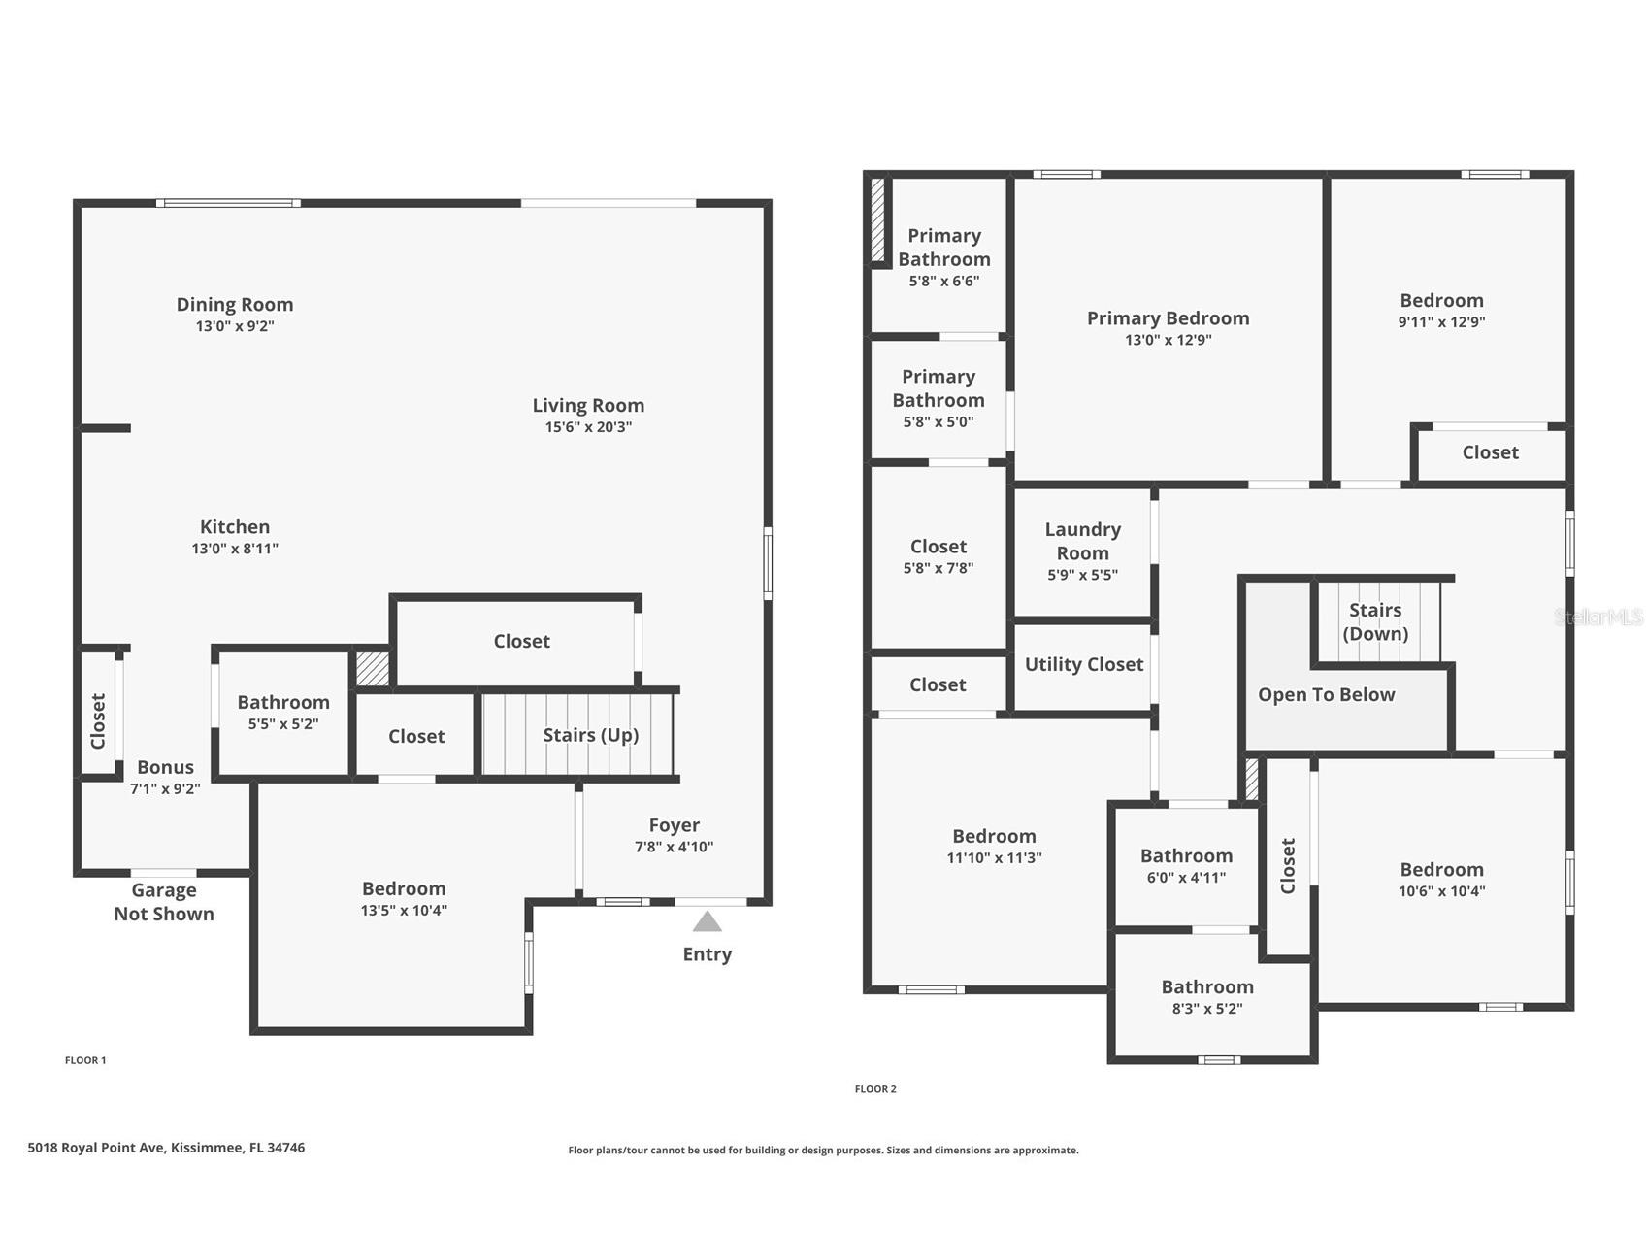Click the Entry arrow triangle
pyautogui.click(x=707, y=921)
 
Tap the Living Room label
pyautogui.click(x=588, y=405)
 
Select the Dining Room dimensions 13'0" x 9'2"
pyautogui.click(x=235, y=326)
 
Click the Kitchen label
pyautogui.click(x=235, y=526)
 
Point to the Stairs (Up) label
pyautogui.click(x=590, y=735)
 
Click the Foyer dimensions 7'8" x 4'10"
pyautogui.click(x=674, y=847)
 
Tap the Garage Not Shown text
pyautogui.click(x=164, y=902)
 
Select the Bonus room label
pyautogui.click(x=165, y=767)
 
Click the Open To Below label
pyautogui.click(x=1326, y=694)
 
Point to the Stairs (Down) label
pyautogui.click(x=1375, y=621)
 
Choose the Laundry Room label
pyautogui.click(x=1082, y=541)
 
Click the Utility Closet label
pyautogui.click(x=1084, y=664)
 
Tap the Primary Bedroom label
pyautogui.click(x=1168, y=317)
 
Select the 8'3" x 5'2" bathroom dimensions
pyautogui.click(x=1207, y=1009)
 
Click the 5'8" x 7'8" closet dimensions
pyautogui.click(x=938, y=568)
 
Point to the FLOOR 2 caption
pyautogui.click(x=875, y=1089)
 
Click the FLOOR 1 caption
pyautogui.click(x=85, y=1060)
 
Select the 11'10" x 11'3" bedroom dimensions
pyautogui.click(x=994, y=858)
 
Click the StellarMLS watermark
pyautogui.click(x=1599, y=617)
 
